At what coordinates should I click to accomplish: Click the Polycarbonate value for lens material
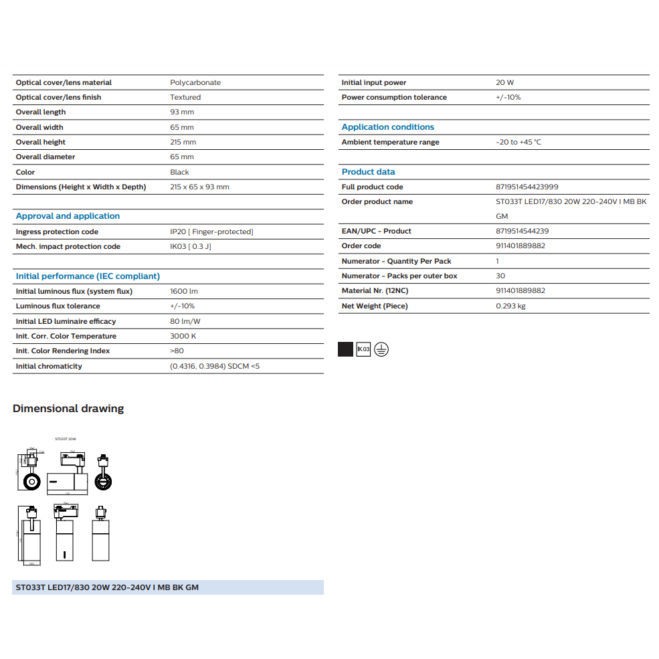click(x=195, y=82)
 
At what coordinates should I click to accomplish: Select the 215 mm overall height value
click(x=183, y=142)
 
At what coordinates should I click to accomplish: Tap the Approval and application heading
click(x=68, y=216)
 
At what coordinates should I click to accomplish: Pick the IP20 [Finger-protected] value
click(x=211, y=231)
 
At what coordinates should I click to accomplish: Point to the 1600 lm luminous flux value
click(x=184, y=291)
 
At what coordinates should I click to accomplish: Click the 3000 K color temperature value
click(x=183, y=336)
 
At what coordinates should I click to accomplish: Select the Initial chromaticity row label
click(x=49, y=366)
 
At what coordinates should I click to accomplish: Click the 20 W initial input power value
click(x=505, y=82)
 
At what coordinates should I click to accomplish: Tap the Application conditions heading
click(x=387, y=127)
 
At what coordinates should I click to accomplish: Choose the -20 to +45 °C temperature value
click(x=519, y=142)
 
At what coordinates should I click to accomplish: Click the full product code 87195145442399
click(x=527, y=187)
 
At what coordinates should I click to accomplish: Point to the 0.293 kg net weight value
click(x=510, y=306)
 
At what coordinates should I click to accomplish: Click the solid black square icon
click(x=345, y=349)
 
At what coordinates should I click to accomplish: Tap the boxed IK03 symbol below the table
click(x=363, y=349)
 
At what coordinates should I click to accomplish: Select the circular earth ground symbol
click(x=381, y=349)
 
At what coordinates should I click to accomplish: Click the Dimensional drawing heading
click(x=68, y=408)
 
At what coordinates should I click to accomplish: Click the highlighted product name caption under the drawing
click(x=107, y=587)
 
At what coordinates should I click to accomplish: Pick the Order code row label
click(x=361, y=246)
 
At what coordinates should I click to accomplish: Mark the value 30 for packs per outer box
click(x=500, y=276)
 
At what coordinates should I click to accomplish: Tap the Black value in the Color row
click(x=180, y=172)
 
